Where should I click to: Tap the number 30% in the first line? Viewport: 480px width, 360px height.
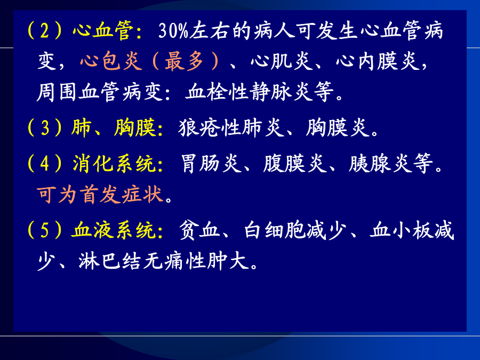(x=173, y=31)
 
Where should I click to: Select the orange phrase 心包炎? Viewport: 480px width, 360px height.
(x=111, y=61)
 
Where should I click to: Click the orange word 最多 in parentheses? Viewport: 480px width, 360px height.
(x=184, y=61)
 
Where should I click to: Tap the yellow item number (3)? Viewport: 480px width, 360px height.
(x=45, y=127)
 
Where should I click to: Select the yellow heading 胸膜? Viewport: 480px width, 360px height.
(x=135, y=127)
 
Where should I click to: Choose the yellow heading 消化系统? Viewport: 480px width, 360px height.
(x=114, y=163)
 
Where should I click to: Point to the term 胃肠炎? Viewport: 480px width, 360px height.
(x=211, y=163)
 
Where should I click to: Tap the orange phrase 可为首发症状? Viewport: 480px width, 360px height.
(x=100, y=194)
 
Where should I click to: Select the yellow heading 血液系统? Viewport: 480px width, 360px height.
(x=114, y=230)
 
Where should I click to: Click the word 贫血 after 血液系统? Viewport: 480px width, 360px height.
(x=199, y=230)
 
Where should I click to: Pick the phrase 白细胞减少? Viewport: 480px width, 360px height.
(x=295, y=230)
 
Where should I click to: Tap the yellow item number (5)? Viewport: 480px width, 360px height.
(x=45, y=230)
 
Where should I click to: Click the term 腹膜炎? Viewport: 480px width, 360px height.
(x=295, y=163)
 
